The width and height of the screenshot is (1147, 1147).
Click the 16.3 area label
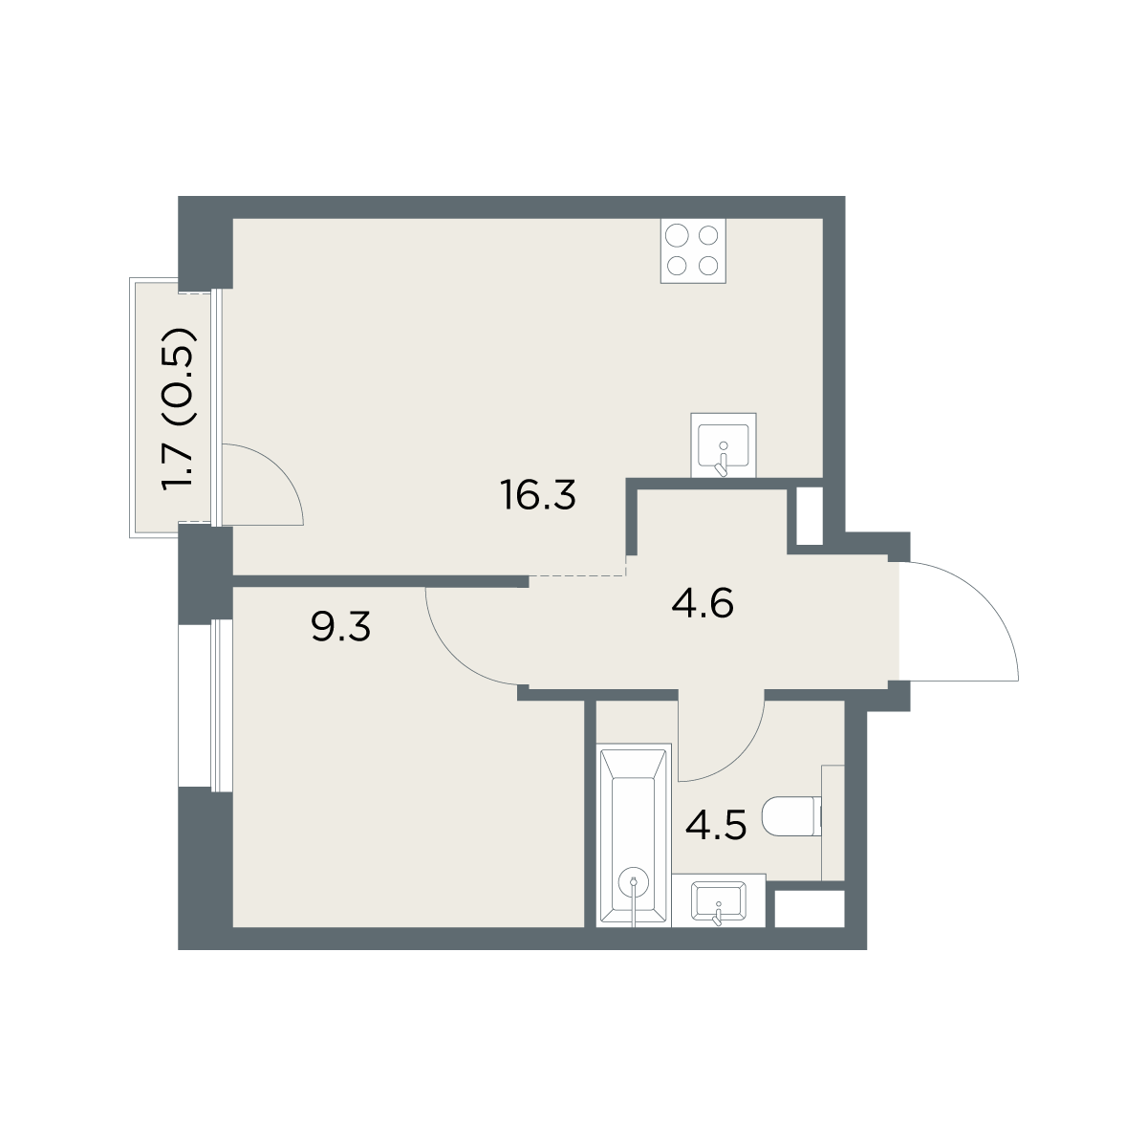(x=539, y=495)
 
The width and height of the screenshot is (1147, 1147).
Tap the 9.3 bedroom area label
(x=340, y=627)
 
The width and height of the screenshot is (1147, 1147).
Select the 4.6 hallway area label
(x=703, y=603)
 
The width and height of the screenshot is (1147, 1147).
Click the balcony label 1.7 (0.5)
(x=179, y=408)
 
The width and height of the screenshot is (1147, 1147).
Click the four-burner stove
(x=693, y=250)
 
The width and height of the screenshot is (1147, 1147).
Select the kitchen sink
(x=723, y=444)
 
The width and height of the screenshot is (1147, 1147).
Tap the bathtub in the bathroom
(x=634, y=835)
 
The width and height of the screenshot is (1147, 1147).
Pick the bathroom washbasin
(x=719, y=900)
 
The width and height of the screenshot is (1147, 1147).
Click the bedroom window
(x=220, y=706)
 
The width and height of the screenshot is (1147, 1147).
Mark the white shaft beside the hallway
(x=809, y=516)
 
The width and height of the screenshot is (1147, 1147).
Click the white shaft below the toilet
(x=810, y=909)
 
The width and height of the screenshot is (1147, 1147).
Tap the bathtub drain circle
(x=635, y=883)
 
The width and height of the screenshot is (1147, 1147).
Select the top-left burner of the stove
(x=677, y=236)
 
